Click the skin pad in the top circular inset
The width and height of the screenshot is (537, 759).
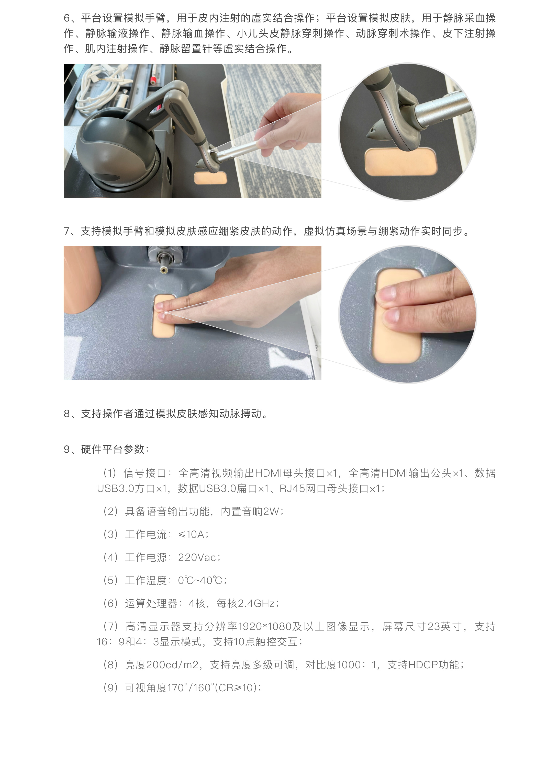401,162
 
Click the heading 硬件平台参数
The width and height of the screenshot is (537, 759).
113,449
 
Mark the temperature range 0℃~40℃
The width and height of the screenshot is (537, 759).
200,580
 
